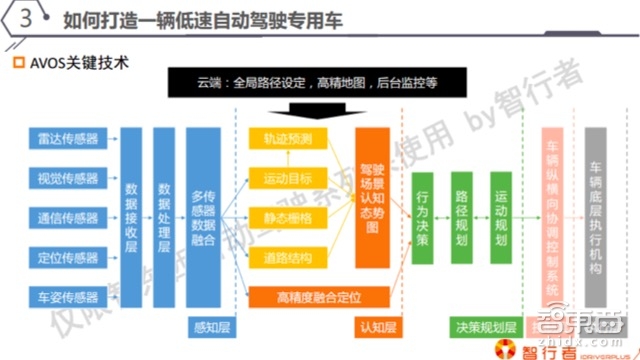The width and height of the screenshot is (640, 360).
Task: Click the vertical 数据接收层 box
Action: [x=131, y=216]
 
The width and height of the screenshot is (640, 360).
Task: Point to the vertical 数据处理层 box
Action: [x=165, y=216]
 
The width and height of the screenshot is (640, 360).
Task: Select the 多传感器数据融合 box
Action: [x=208, y=216]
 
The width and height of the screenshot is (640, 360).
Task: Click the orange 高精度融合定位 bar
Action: [x=318, y=295]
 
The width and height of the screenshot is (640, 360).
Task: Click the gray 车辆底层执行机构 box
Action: [x=597, y=215]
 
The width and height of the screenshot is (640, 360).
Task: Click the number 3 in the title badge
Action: [x=22, y=19]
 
